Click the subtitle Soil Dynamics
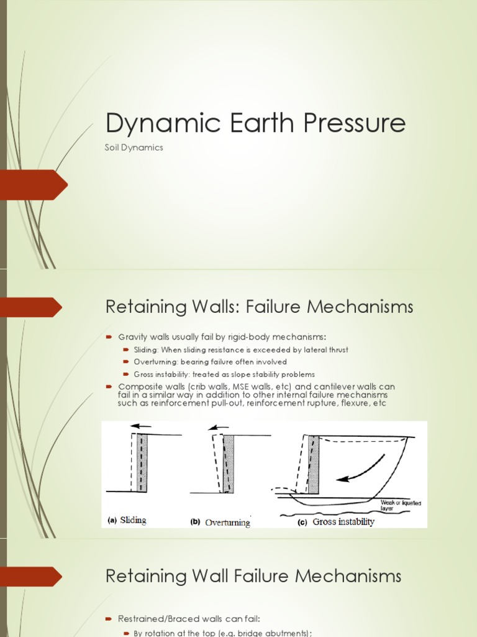click(x=134, y=148)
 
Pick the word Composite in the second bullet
click(x=139, y=387)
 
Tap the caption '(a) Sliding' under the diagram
click(x=127, y=521)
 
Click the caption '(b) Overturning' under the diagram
click(x=220, y=522)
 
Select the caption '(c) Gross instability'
click(x=335, y=522)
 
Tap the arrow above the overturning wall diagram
click(x=216, y=428)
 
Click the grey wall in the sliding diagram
click(x=143, y=463)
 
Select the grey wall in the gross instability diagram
click(x=313, y=464)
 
